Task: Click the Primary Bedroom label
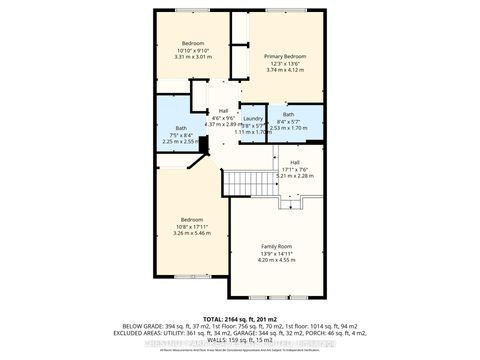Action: [x=286, y=57]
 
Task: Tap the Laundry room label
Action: [x=252, y=118]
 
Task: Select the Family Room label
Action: [x=276, y=246]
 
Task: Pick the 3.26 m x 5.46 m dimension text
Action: [x=191, y=233]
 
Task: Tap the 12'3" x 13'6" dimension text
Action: [x=286, y=64]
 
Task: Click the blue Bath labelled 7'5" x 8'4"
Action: [x=181, y=128]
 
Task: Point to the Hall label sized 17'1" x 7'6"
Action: [x=295, y=162]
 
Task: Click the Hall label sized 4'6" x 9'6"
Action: [x=223, y=110]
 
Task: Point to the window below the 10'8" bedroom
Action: [x=191, y=276]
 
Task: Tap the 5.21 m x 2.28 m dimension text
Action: [x=295, y=176]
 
